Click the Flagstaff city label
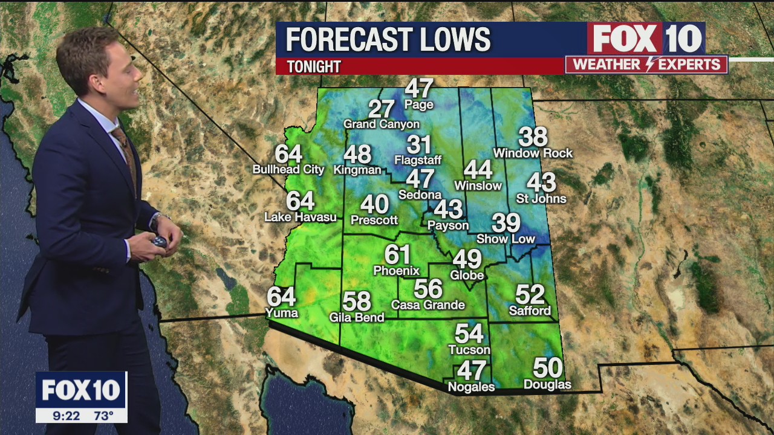418,161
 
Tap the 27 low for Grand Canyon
382,109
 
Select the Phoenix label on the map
396,271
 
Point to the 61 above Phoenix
397,254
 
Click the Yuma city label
282,313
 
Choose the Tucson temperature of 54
469,333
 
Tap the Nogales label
471,387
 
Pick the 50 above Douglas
547,368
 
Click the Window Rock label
533,153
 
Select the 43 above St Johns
541,182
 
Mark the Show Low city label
506,239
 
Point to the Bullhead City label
288,170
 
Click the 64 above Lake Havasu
300,201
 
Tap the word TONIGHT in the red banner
314,66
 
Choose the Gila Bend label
357,317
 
